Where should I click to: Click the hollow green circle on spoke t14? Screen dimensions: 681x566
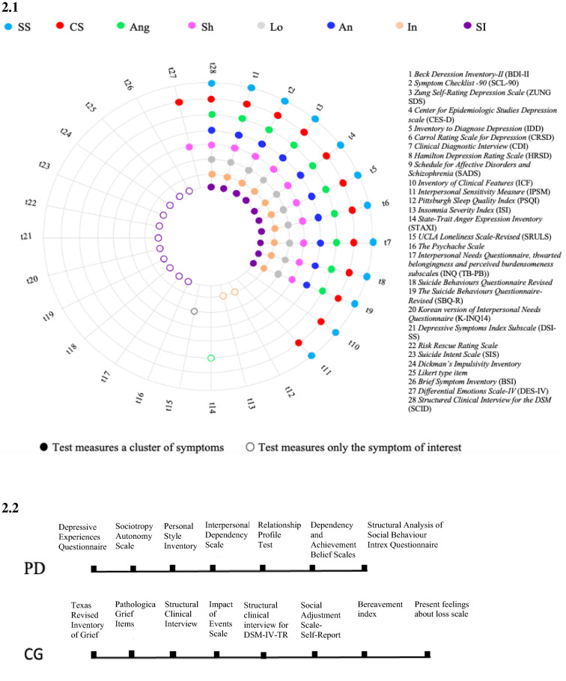pos(211,358)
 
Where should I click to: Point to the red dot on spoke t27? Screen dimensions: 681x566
pos(179,102)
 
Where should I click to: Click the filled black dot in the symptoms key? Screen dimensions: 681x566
pos(46,448)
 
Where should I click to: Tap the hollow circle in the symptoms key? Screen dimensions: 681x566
pos(249,448)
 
